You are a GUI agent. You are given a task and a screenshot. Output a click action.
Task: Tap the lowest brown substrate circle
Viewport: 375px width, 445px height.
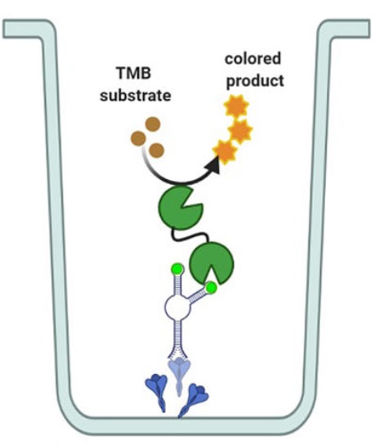[x=156, y=151]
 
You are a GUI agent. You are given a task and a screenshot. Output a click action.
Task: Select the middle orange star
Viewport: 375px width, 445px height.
[x=239, y=130]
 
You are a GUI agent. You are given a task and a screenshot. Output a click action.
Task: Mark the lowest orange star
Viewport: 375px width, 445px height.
[x=223, y=150]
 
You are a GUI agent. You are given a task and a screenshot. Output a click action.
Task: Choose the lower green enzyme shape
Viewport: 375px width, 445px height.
[x=211, y=263]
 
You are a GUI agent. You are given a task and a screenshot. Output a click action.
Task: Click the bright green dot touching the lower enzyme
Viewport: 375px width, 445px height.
[x=212, y=288]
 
